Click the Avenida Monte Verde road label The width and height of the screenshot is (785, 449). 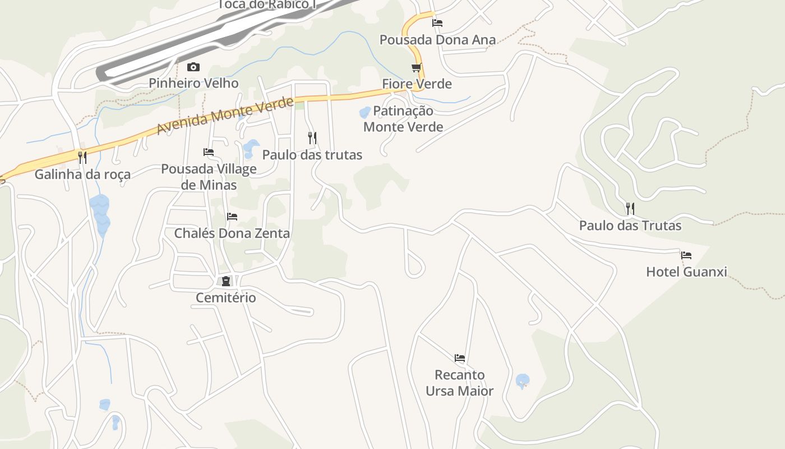coord(225,116)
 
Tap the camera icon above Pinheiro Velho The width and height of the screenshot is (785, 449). coord(193,67)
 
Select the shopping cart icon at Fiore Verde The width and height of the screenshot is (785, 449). coord(416,68)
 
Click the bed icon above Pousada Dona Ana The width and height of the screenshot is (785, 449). coord(437,23)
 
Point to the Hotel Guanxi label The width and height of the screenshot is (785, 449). coord(686,272)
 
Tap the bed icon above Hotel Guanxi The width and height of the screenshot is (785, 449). coord(686,255)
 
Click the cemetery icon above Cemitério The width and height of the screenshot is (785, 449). coord(226,281)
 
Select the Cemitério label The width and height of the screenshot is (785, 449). coord(225,297)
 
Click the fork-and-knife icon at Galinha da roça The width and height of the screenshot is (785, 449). coord(82,157)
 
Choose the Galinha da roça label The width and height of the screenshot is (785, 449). coord(82,175)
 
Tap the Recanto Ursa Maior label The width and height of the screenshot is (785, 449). coord(459,383)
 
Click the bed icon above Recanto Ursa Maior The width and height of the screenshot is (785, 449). coord(460,358)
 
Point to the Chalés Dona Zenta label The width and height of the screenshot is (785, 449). coord(232,233)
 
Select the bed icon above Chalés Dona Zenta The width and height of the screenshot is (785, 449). coord(232,217)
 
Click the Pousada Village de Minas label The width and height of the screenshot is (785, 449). coord(209,177)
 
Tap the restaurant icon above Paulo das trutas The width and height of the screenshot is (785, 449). coord(312,138)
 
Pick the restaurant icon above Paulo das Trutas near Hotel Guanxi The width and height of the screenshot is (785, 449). coord(630,209)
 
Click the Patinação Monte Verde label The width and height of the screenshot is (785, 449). coord(403,119)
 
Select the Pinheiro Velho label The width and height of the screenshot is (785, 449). coord(193,84)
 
